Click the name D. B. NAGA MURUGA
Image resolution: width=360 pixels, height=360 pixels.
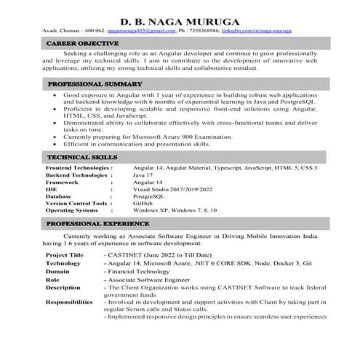(180, 21)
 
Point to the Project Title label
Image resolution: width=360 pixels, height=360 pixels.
(65, 256)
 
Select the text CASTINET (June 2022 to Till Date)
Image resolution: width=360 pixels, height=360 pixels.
(160, 256)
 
